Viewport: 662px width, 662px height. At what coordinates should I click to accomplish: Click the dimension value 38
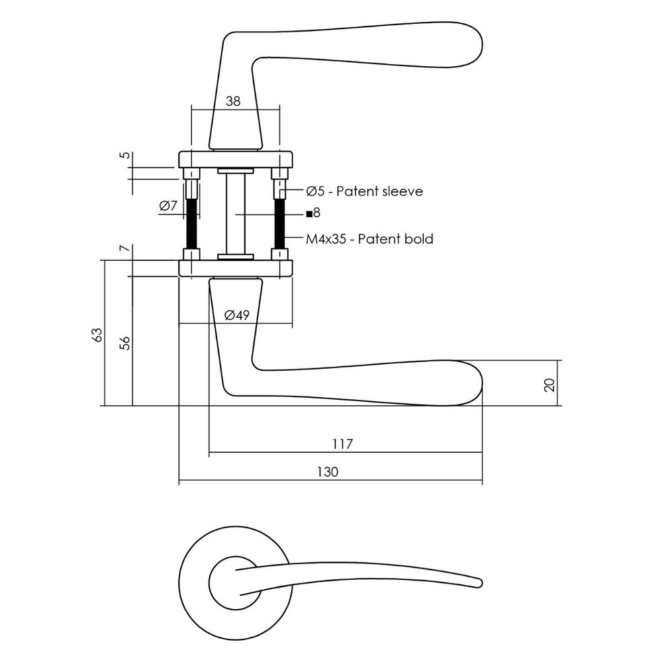232,101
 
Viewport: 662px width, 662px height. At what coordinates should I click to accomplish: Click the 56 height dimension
125,342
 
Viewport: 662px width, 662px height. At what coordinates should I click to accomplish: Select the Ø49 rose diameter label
236,315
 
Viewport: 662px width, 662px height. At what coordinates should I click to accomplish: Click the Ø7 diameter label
168,206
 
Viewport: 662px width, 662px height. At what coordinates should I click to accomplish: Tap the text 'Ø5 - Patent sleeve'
363,191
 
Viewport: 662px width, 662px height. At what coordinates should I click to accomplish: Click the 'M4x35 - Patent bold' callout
369,239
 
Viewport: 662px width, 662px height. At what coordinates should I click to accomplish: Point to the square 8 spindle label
313,213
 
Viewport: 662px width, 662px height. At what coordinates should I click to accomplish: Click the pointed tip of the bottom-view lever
478,583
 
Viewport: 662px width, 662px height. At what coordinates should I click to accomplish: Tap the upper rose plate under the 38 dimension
235,160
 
